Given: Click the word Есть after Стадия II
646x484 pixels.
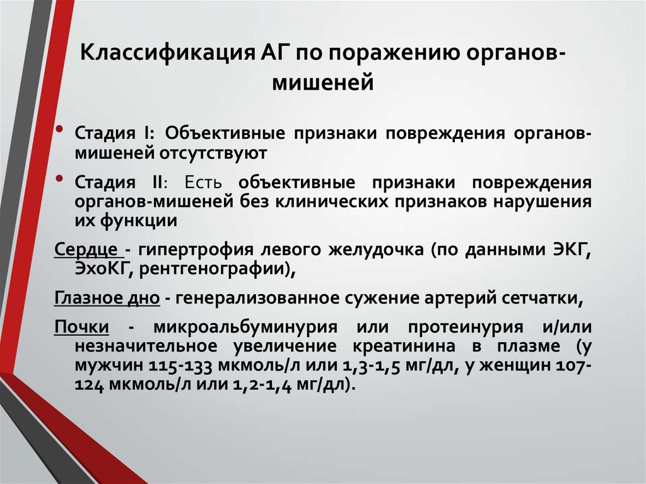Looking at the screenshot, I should (203, 182).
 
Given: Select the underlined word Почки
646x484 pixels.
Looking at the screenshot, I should (82, 328).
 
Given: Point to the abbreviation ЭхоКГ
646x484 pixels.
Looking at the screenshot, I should (102, 269).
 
